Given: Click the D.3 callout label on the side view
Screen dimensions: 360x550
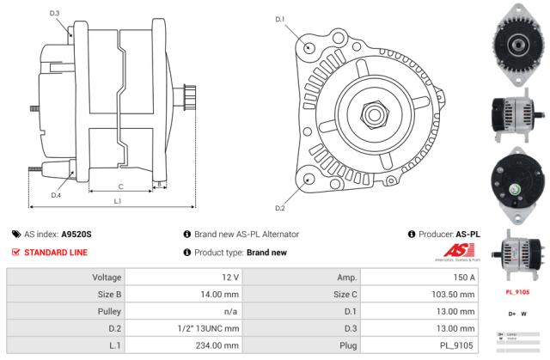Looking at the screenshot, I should click(x=55, y=14).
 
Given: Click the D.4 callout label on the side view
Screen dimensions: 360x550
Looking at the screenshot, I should click(x=55, y=195).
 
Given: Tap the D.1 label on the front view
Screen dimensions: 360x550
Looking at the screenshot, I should click(x=279, y=19).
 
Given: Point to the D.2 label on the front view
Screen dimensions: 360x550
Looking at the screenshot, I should click(x=279, y=208).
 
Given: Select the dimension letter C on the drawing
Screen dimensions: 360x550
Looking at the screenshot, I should click(x=120, y=186).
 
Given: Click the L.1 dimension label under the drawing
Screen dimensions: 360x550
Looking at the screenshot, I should click(x=117, y=201).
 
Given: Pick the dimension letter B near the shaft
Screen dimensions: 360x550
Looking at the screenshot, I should click(x=158, y=183).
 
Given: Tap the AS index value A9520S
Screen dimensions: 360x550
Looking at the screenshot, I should click(x=76, y=234).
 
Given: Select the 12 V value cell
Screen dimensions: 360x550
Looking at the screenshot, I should click(x=229, y=278).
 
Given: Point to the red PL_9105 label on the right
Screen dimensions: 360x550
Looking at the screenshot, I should click(x=516, y=292).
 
